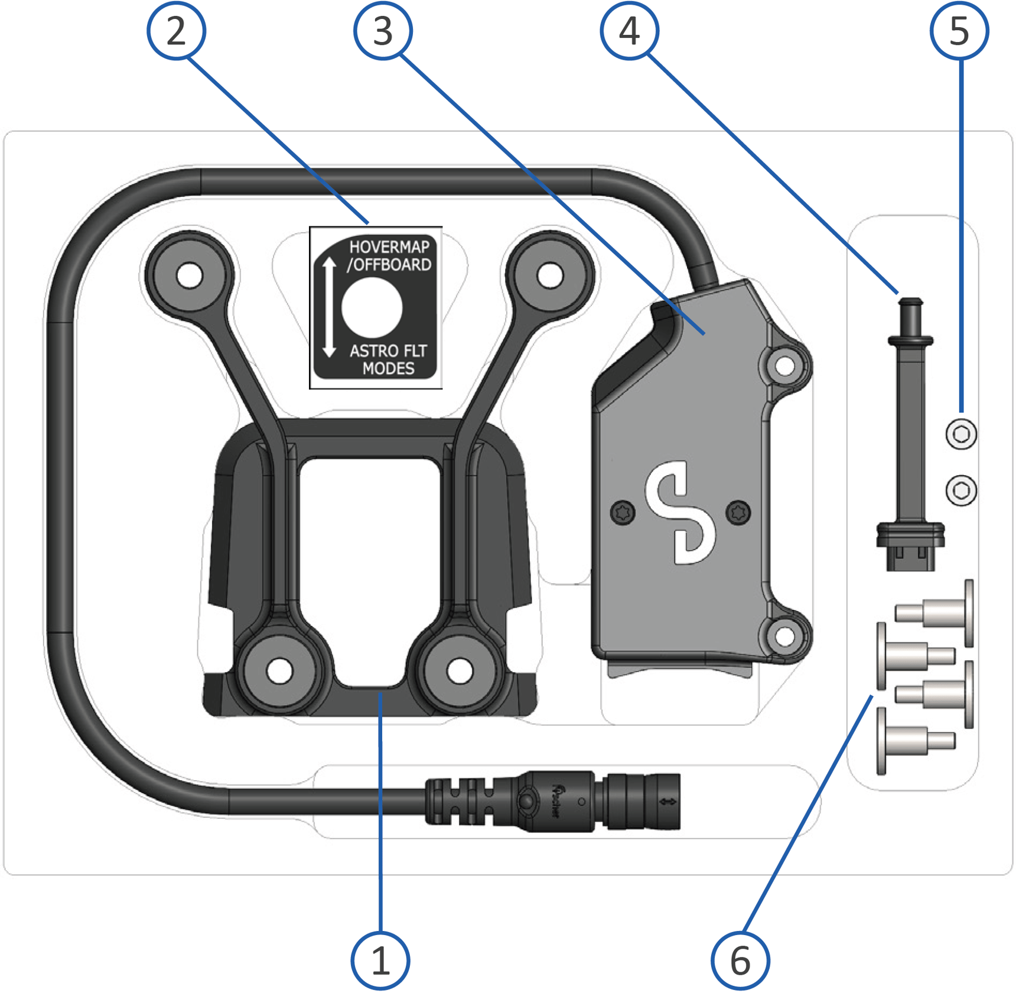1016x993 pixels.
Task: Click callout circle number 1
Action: tap(380, 960)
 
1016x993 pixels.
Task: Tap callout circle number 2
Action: tap(176, 31)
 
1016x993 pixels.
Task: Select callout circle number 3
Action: tap(383, 31)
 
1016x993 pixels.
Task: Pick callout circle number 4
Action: tap(629, 31)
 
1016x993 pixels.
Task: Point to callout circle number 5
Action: tap(959, 31)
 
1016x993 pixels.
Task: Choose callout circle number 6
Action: tap(740, 960)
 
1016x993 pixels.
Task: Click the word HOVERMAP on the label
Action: tap(389, 247)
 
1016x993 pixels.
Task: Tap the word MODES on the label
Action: tap(388, 369)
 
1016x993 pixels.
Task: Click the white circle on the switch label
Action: tap(372, 308)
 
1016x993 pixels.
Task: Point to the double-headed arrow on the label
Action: tap(329, 307)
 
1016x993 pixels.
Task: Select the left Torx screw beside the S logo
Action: tap(623, 512)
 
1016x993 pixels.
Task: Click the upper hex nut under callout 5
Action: tap(960, 434)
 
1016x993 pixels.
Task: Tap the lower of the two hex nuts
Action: tap(960, 490)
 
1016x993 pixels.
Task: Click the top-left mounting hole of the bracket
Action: tap(190, 276)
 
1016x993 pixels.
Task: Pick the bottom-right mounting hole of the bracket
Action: tap(460, 671)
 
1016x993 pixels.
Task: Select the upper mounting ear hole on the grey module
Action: tap(784, 366)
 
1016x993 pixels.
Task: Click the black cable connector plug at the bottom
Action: tap(552, 802)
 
